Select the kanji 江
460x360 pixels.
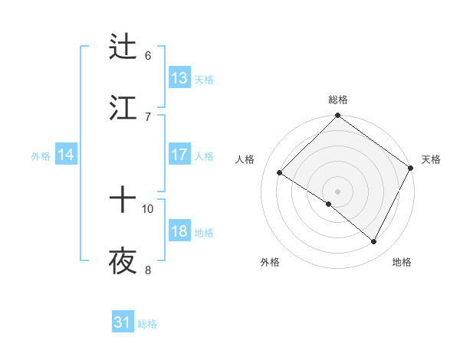point(123,107)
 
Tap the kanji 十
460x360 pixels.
point(123,200)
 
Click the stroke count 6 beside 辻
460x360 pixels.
point(148,55)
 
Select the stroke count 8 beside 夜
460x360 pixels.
point(148,270)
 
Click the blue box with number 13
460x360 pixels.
point(179,78)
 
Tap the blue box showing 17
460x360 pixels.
point(179,155)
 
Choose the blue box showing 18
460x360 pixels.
point(179,231)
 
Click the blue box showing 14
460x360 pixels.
point(66,155)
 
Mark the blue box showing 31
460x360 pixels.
point(123,323)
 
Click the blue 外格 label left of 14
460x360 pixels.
point(41,156)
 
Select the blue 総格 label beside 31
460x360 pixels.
point(147,324)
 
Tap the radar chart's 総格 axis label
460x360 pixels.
point(337,100)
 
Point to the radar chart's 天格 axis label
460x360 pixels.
point(431,159)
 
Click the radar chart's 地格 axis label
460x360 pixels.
point(402,263)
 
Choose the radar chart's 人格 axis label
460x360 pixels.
point(245,159)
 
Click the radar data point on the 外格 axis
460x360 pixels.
point(328,204)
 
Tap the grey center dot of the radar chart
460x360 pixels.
point(337,191)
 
